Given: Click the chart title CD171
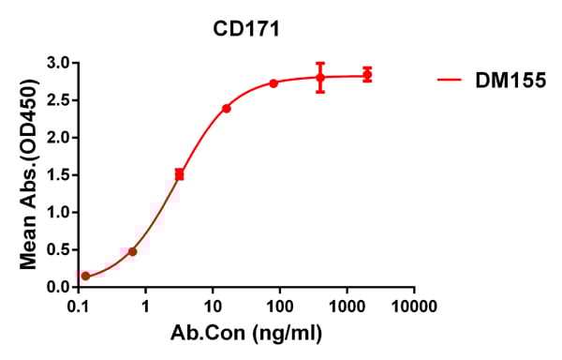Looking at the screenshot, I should pos(246,29).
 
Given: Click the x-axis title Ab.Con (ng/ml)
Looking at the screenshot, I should pos(247,335).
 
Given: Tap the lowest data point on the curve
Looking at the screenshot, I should pos(86,276).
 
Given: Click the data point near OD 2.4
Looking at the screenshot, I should pos(227,109).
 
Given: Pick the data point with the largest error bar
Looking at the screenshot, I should pos(320,78).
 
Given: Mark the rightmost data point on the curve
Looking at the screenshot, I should pos(367,74).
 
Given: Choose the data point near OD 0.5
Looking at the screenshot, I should pos(133,251).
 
